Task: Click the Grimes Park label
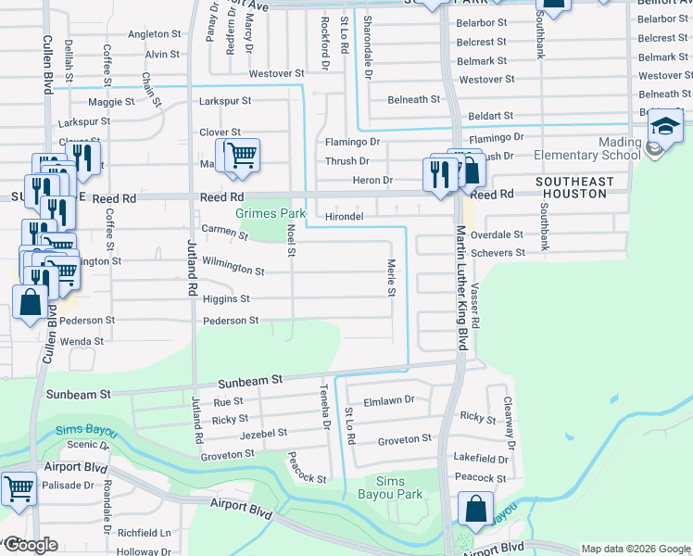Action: click(271, 213)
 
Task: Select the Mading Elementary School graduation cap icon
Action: click(664, 128)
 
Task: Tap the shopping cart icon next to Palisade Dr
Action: click(19, 488)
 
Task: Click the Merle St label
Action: click(391, 279)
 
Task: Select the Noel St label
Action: click(291, 239)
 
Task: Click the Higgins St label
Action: click(226, 299)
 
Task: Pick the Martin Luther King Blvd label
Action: click(460, 287)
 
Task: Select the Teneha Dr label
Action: click(325, 408)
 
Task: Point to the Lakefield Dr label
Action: click(483, 459)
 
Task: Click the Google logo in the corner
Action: click(31, 545)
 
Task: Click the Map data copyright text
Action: click(636, 549)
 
